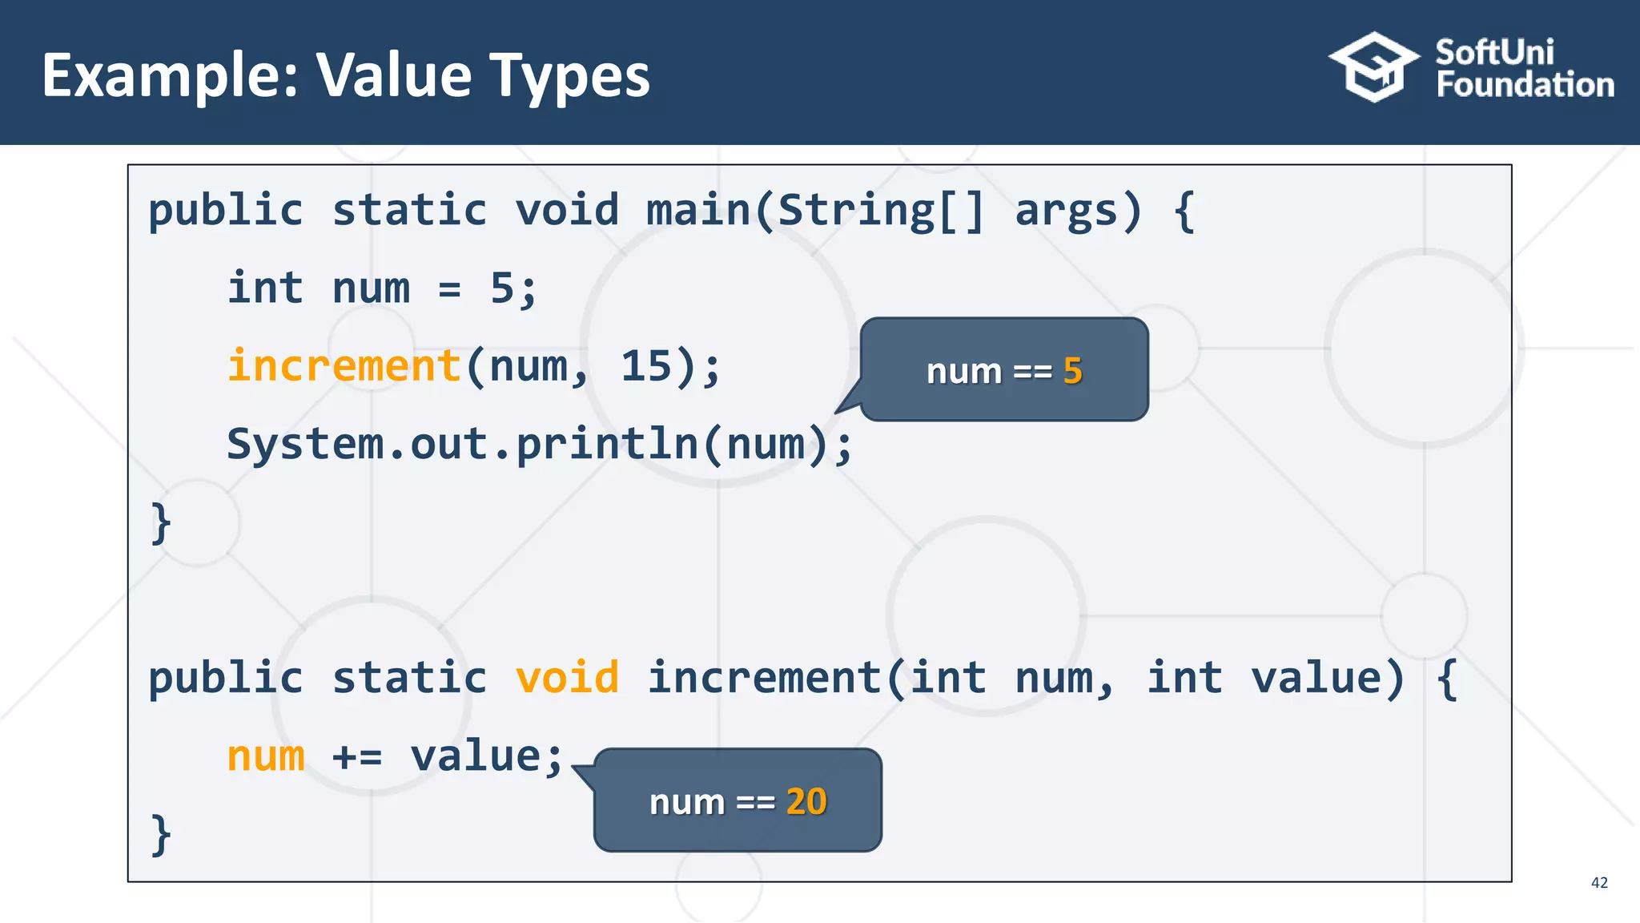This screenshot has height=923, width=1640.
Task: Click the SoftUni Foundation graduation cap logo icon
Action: point(1374,67)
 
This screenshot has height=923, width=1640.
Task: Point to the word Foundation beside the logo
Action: point(1525,85)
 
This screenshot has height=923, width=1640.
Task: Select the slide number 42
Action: point(1599,882)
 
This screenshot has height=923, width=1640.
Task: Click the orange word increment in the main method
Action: point(344,366)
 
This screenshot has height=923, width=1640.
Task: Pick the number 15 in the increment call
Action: point(646,366)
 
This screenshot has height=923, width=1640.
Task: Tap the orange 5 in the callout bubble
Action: point(1073,371)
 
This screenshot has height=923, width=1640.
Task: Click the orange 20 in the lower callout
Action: point(806,801)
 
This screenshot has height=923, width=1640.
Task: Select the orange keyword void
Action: point(567,678)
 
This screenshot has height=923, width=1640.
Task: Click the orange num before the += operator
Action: point(266,756)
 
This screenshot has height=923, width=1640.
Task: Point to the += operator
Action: point(357,756)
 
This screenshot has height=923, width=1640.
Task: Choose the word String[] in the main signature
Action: point(880,211)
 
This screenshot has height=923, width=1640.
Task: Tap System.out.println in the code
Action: point(463,444)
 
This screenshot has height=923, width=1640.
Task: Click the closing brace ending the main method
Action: point(161,523)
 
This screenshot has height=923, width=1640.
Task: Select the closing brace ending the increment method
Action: point(161,835)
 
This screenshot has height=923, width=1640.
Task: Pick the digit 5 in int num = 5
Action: point(502,288)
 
